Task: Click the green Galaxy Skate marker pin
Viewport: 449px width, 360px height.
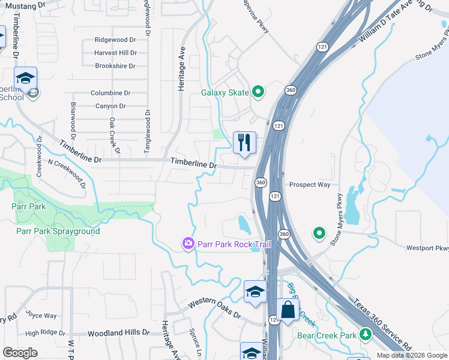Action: click(x=259, y=92)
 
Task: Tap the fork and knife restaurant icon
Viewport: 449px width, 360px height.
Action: click(x=244, y=143)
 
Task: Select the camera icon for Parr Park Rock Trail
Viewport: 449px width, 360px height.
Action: click(x=188, y=244)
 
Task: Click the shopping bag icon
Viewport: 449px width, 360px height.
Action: click(x=288, y=310)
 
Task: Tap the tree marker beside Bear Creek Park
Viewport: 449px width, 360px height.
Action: click(x=365, y=335)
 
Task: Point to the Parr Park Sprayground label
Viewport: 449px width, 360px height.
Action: click(x=58, y=231)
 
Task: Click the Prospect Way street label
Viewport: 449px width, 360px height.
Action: click(x=310, y=185)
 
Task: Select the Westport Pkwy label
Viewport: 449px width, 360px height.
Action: click(x=427, y=248)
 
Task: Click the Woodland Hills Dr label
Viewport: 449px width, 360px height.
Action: click(x=118, y=332)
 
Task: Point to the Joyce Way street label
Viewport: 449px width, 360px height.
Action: click(x=41, y=316)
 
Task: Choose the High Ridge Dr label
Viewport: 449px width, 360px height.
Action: click(x=45, y=332)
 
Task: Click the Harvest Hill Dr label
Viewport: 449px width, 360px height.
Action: click(x=115, y=53)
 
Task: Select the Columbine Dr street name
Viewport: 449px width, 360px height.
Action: click(x=110, y=93)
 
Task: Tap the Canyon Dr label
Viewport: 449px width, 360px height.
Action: click(x=110, y=106)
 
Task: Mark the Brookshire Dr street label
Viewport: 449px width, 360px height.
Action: click(x=116, y=66)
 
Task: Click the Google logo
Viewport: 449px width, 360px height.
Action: click(x=20, y=353)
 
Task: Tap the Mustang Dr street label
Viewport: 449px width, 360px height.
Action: click(x=25, y=5)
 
